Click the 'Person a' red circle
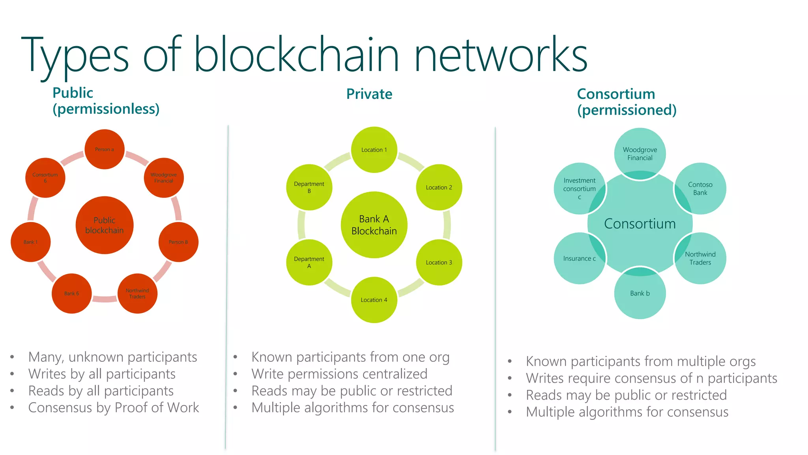[x=105, y=149]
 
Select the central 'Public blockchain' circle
[x=105, y=225]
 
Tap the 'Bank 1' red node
[x=30, y=242]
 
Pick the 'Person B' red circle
[x=178, y=242]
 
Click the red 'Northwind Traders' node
[x=137, y=293]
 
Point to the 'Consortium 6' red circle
[x=45, y=178]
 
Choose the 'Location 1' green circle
[x=374, y=150]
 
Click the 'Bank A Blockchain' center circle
[x=374, y=225]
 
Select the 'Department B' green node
[x=309, y=187]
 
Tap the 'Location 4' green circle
[x=374, y=300]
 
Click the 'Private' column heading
[x=369, y=94]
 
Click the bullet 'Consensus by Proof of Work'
[x=114, y=408]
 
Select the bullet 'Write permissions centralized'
[x=339, y=374]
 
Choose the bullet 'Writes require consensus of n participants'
[x=651, y=378]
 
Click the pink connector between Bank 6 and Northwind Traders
[x=105, y=299]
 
